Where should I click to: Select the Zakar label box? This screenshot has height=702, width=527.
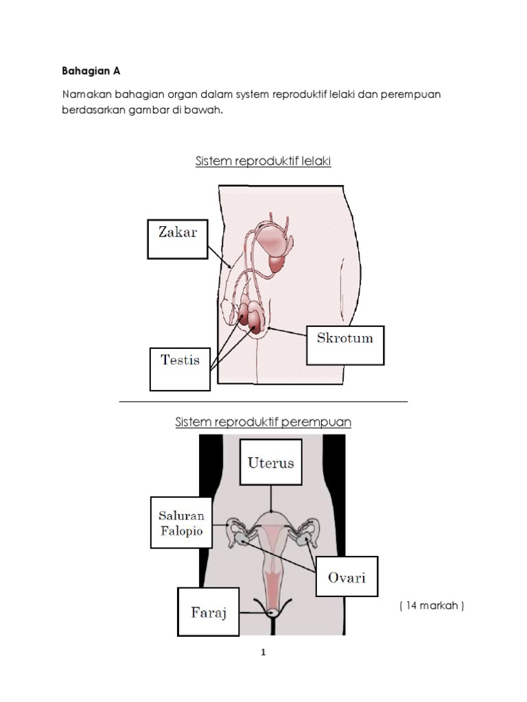click(x=177, y=239)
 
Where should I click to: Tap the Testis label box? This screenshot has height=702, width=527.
click(x=180, y=369)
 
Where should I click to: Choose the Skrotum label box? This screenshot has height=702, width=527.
click(x=345, y=345)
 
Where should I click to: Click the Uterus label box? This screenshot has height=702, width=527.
click(x=270, y=462)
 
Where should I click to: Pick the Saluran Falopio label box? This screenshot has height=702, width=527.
click(x=181, y=522)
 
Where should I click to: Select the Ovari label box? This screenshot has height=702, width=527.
click(x=347, y=577)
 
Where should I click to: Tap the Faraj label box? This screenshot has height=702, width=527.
click(x=208, y=612)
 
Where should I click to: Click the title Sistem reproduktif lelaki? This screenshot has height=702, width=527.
click(x=263, y=162)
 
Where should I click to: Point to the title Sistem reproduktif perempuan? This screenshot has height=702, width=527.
click(x=263, y=422)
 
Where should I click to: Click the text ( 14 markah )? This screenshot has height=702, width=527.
click(x=432, y=605)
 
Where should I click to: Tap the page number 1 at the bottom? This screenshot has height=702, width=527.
click(x=263, y=652)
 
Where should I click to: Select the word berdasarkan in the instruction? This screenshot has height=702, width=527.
click(x=93, y=110)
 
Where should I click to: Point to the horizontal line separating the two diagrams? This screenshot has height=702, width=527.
click(x=263, y=401)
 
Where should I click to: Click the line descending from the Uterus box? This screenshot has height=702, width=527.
click(x=272, y=497)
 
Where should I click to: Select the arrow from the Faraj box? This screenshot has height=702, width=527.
click(x=254, y=612)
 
